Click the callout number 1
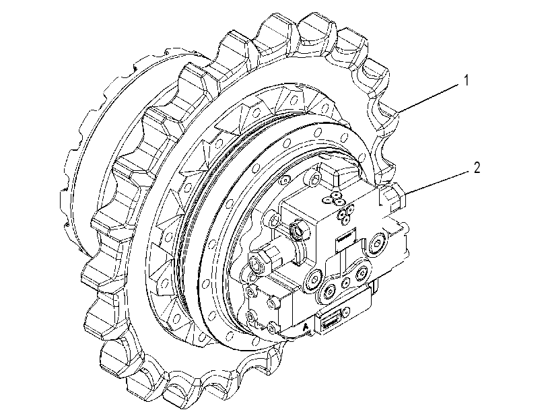[x=467, y=81]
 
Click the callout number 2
[x=477, y=168]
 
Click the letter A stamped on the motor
[x=306, y=327]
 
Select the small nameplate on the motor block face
[x=345, y=240]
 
